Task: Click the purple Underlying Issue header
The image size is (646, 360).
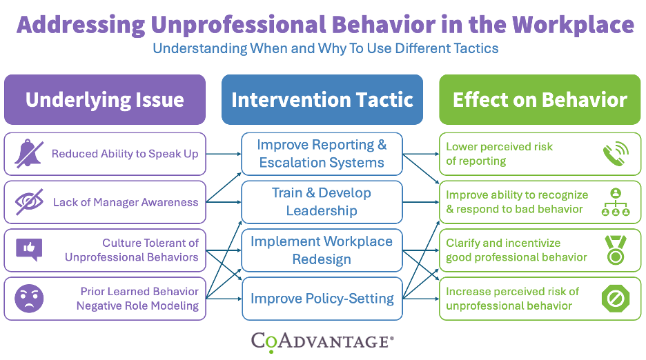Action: click(x=105, y=100)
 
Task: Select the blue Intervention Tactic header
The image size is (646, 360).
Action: click(x=322, y=100)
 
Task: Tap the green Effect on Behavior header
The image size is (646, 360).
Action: click(x=540, y=100)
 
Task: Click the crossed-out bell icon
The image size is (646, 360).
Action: click(x=29, y=154)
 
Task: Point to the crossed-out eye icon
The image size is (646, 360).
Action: click(x=29, y=202)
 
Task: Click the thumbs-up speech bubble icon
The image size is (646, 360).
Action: click(x=29, y=250)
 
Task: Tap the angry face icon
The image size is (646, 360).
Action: click(x=29, y=298)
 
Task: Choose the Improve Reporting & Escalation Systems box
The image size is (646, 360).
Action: click(x=322, y=154)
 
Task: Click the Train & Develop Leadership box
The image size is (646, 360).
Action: click(x=322, y=202)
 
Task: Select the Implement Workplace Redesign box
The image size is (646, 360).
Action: click(x=322, y=250)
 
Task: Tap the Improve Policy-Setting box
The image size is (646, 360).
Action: click(x=322, y=299)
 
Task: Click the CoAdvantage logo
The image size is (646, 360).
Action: click(x=322, y=340)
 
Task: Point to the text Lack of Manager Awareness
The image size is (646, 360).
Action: click(x=126, y=203)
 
